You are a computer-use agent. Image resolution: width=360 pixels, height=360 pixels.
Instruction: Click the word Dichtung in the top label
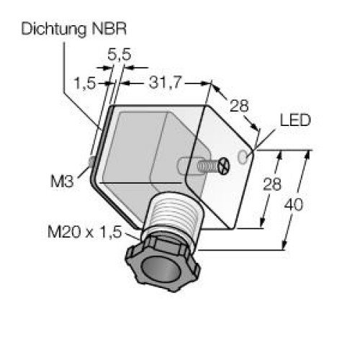[x=54, y=30]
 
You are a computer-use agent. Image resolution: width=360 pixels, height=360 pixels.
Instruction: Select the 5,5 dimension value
[x=120, y=55]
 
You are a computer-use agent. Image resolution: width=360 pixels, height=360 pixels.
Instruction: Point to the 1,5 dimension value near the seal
[x=85, y=84]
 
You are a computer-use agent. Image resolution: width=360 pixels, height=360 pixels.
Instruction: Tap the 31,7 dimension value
[x=164, y=83]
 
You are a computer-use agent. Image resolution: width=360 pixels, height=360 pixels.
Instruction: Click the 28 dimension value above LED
[x=239, y=106]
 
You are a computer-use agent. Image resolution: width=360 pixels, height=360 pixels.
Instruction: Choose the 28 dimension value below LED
[x=272, y=184]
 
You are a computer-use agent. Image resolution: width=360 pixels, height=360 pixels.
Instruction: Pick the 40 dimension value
[x=294, y=204]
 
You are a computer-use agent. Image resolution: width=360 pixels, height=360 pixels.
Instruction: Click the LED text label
[x=295, y=120]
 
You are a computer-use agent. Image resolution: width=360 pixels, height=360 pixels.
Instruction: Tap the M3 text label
[x=62, y=181]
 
